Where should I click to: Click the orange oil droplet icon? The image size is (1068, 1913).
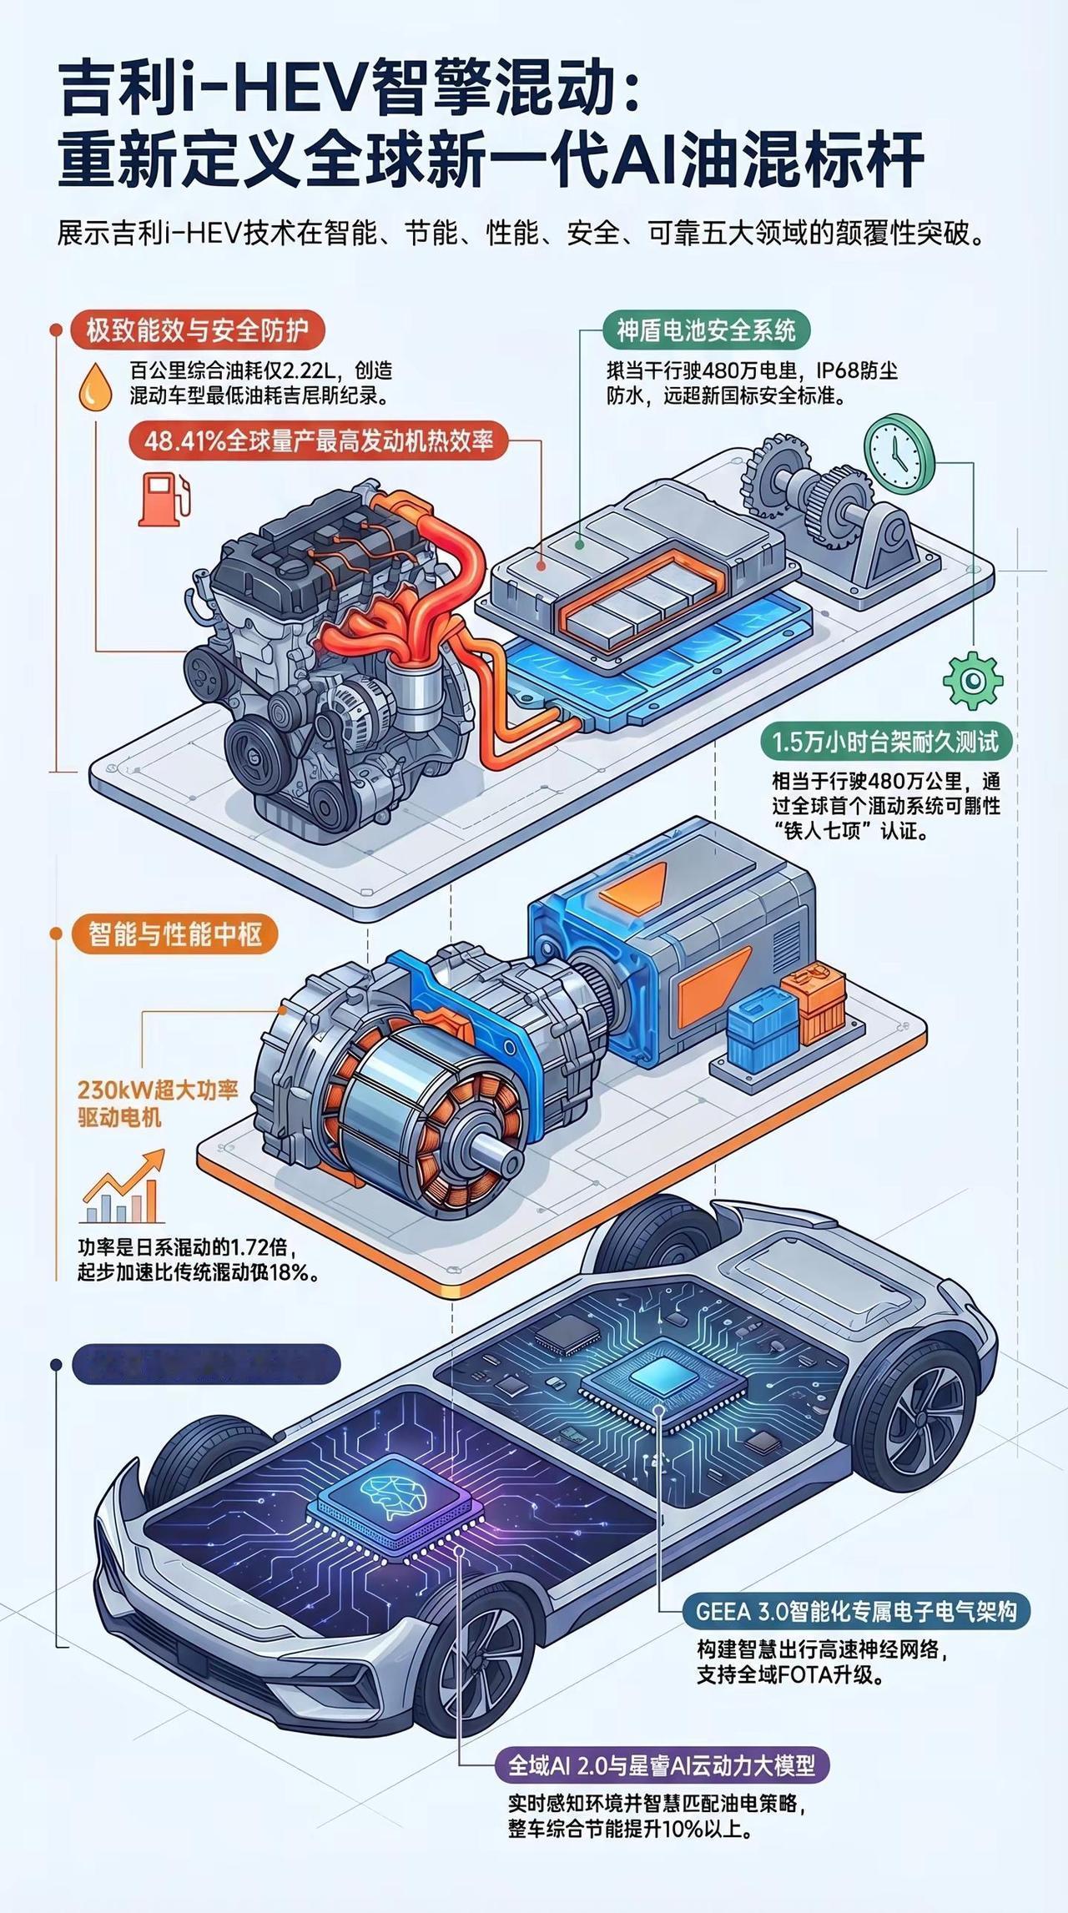[95, 387]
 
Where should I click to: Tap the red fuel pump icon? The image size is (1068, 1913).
[164, 498]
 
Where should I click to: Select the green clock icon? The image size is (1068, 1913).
[899, 451]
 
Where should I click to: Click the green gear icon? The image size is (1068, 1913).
[972, 681]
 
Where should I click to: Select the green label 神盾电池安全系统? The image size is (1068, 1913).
[706, 330]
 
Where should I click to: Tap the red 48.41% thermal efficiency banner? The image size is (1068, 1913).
[319, 440]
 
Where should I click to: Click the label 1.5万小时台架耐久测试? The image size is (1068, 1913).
[885, 742]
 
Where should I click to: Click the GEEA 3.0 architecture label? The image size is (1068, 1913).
[856, 1611]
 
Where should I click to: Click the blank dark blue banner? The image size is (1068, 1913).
[207, 1364]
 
